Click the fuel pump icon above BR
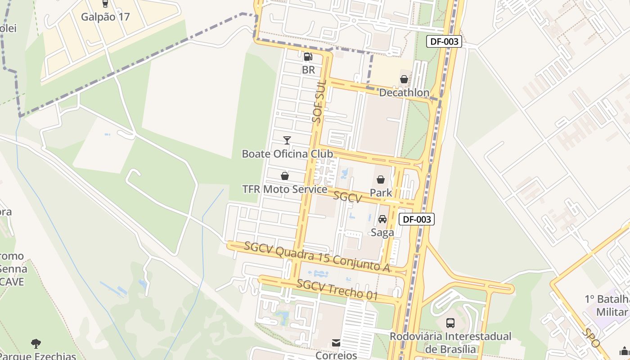(308, 57)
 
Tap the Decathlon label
(404, 93)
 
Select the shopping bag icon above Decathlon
(404, 79)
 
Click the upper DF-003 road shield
(444, 42)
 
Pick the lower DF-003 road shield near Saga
(416, 220)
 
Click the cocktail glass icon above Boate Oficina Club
(287, 140)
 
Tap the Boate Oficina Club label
(287, 154)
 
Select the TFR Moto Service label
(284, 189)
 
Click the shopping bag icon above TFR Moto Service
(284, 176)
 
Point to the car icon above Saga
(382, 219)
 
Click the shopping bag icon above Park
(381, 180)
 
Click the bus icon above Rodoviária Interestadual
(450, 323)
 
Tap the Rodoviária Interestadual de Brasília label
(450, 342)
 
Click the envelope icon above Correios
(336, 343)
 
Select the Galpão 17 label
(105, 17)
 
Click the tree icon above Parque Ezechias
(36, 344)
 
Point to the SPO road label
(591, 337)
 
